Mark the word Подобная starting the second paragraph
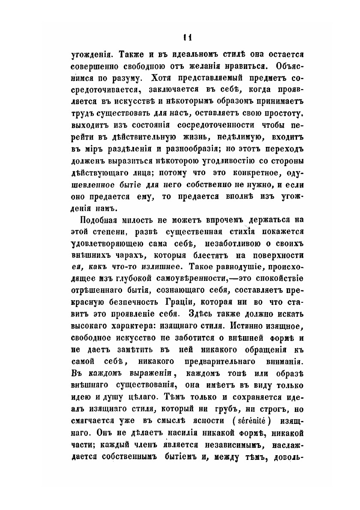tap(98, 220)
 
